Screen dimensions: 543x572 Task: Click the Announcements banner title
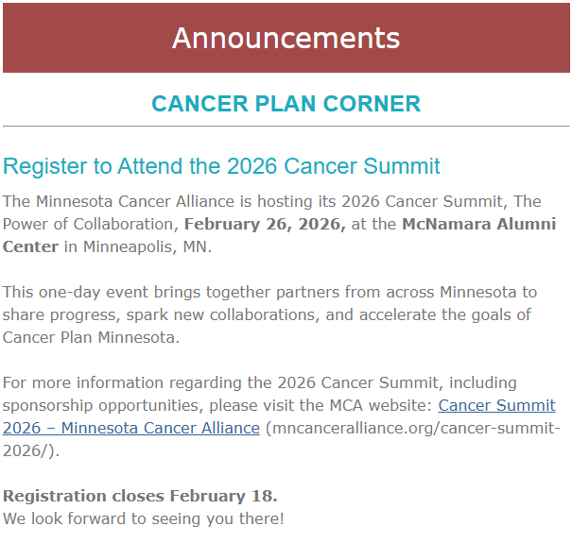coord(286,38)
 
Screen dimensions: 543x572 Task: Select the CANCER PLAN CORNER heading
coord(286,103)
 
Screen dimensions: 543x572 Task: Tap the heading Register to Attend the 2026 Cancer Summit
coord(221,167)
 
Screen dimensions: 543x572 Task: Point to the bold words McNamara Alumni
coord(478,224)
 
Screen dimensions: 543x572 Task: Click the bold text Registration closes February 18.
coord(140,496)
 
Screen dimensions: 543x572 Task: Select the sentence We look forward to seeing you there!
coord(143,518)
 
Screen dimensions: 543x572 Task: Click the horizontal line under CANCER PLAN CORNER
coord(286,126)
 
